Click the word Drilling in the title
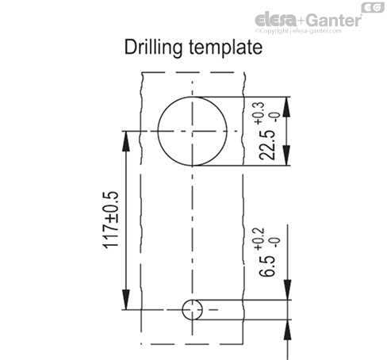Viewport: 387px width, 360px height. coord(153,48)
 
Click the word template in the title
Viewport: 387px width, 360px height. coord(226,48)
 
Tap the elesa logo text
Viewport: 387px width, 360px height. coord(276,20)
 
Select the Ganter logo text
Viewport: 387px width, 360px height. coord(334,20)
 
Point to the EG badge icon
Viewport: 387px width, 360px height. coord(373,7)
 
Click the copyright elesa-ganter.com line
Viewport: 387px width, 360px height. coord(298,31)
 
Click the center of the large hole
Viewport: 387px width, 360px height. coord(193,131)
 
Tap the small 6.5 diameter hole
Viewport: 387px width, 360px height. coord(193,309)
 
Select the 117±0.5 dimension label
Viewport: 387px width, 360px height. coord(110,220)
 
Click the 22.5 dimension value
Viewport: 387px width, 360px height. coord(267,145)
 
